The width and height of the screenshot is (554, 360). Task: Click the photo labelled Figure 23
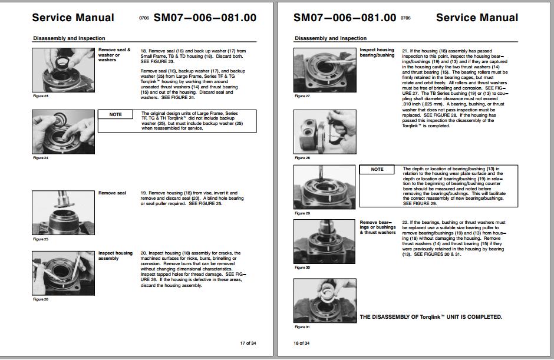(63, 69)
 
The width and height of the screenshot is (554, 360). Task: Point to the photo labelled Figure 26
(63, 273)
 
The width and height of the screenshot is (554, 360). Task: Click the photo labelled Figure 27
(325, 70)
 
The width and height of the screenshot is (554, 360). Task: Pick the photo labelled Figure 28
(325, 132)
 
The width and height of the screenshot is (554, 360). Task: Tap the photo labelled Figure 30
(325, 242)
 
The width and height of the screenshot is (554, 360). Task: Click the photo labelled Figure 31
(325, 300)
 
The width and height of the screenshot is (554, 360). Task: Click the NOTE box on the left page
(116, 114)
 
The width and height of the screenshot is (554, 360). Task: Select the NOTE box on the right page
(377, 170)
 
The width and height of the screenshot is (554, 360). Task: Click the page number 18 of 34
(302, 343)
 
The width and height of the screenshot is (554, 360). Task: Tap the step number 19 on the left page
(143, 193)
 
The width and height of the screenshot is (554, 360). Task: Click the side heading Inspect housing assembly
(116, 256)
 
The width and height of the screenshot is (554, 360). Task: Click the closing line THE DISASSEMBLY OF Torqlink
(431, 317)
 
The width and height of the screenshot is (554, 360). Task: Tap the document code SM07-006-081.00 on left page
(205, 18)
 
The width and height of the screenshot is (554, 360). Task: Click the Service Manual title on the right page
(477, 18)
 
